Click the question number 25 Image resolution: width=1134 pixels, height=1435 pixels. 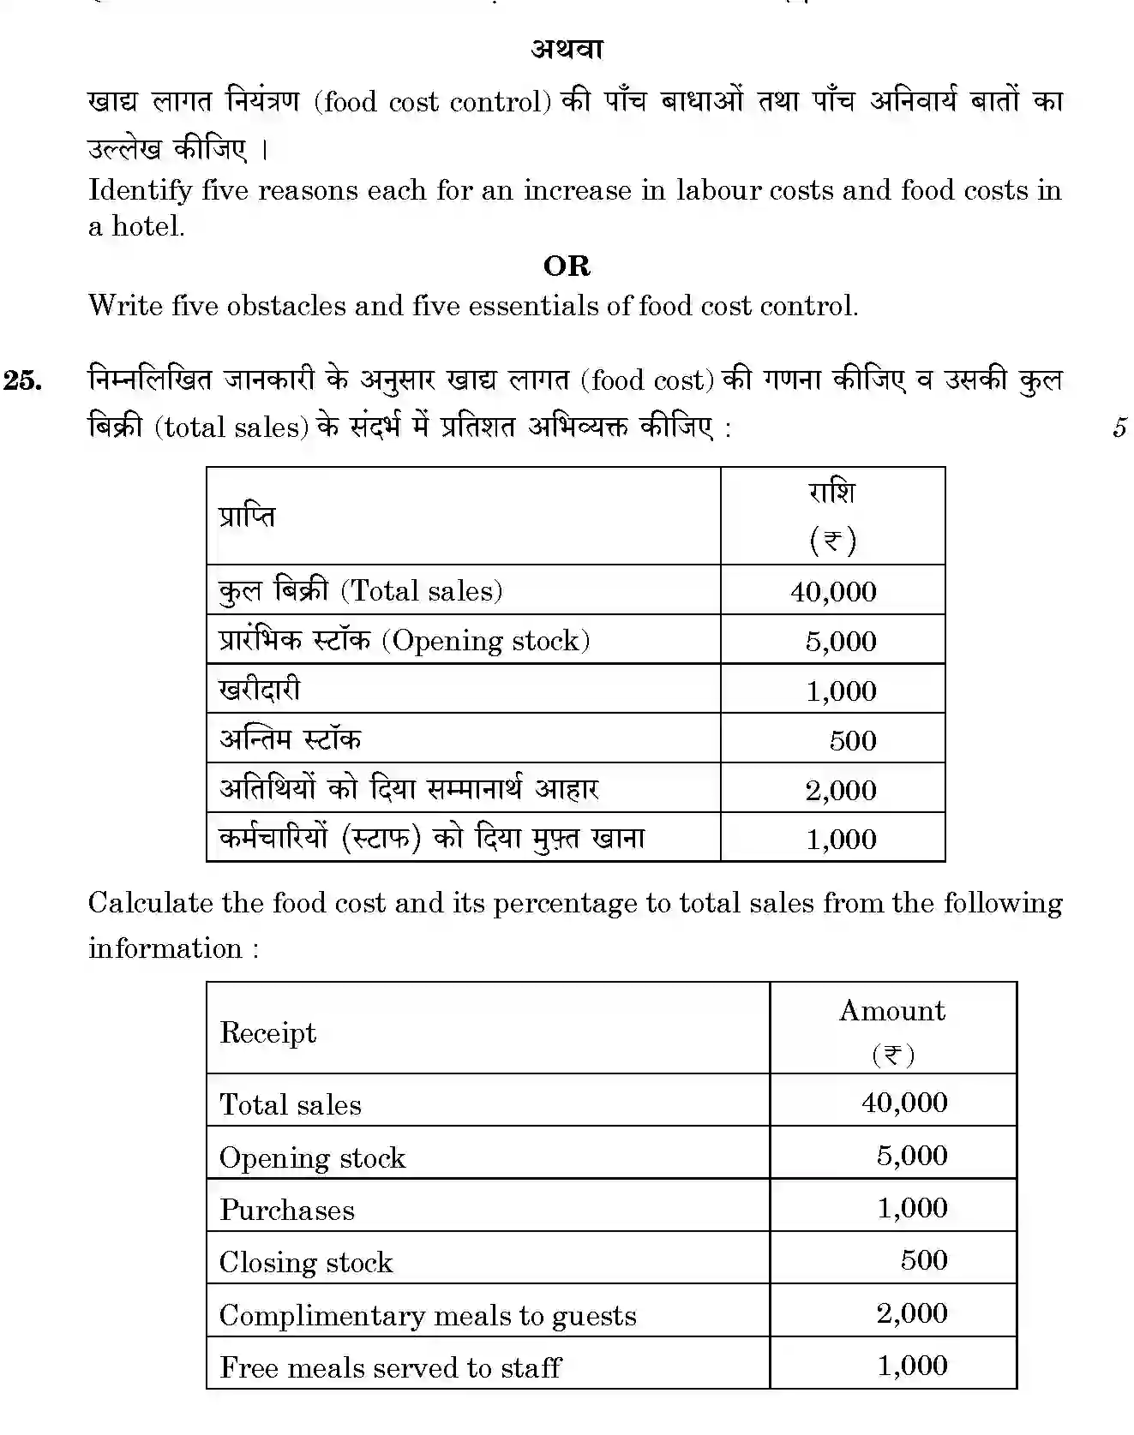tap(23, 380)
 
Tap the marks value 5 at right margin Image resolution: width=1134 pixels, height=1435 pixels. tap(1119, 428)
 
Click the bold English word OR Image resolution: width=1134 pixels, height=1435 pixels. tap(567, 266)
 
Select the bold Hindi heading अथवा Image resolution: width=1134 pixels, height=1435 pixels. tap(567, 50)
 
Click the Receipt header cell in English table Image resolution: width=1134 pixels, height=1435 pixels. tap(267, 1032)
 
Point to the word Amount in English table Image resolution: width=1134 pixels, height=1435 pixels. tap(892, 1011)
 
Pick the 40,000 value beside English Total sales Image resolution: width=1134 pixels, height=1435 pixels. tap(904, 1102)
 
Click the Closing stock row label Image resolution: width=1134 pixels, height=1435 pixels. tap(305, 1262)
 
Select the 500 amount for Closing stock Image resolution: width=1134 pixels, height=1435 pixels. tap(923, 1260)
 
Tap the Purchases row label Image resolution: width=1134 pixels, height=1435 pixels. tap(286, 1210)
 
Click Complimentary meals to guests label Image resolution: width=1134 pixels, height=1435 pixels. tap(428, 1315)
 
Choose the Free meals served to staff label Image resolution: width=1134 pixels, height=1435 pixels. tap(390, 1367)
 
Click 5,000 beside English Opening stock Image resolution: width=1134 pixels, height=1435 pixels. tap(911, 1156)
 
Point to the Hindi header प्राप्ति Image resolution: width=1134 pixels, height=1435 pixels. tap(247, 517)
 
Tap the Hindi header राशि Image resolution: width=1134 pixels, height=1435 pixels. tap(831, 493)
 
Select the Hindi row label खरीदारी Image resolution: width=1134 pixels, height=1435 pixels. tap(260, 690)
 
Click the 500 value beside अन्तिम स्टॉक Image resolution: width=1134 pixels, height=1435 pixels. tap(852, 740)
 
